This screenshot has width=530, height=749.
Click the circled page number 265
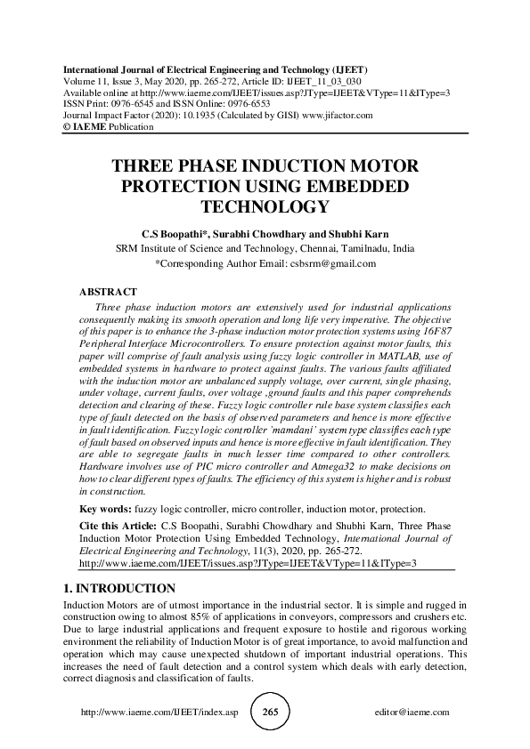pos(271,713)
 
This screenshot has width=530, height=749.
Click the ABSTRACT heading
pos(109,292)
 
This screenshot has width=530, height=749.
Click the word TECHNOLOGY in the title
pos(265,207)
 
